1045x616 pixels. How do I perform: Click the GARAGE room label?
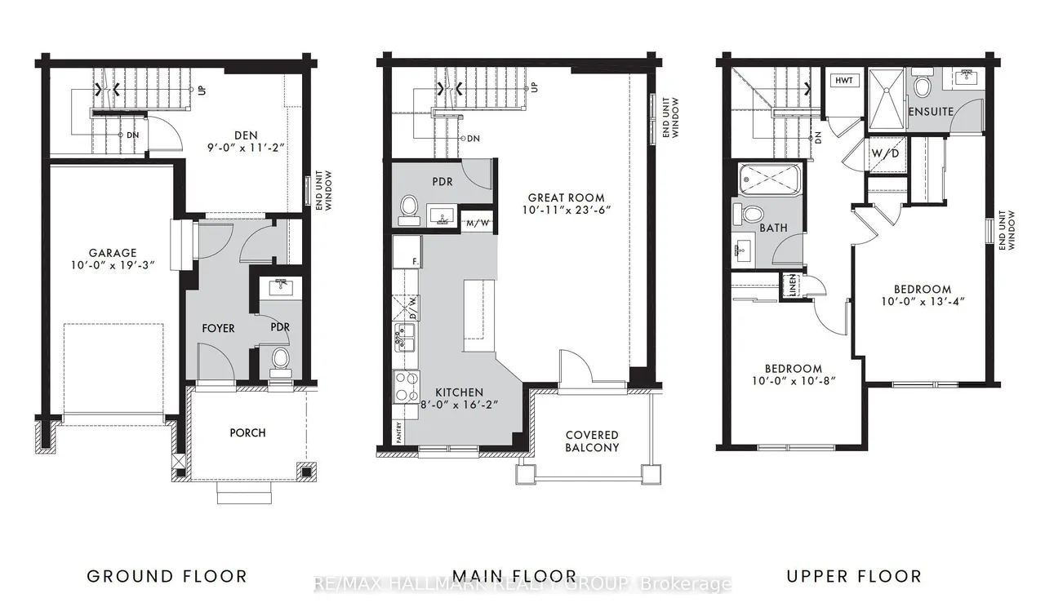[113, 253]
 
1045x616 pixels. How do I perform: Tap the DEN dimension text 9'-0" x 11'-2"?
[246, 148]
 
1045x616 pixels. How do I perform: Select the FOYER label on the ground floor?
[218, 328]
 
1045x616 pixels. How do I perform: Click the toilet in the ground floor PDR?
[280, 362]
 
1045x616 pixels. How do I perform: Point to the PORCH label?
[247, 432]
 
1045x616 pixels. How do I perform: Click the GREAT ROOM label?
[567, 197]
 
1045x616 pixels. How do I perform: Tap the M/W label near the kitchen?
[478, 224]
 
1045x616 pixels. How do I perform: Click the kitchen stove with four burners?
[406, 387]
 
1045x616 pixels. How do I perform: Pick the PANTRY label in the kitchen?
[398, 432]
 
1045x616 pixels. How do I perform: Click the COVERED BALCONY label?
[592, 441]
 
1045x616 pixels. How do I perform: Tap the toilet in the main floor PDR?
[409, 211]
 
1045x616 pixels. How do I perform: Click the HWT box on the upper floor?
[844, 81]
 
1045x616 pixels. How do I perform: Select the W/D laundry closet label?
[886, 153]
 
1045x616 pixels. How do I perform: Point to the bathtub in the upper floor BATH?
[770, 179]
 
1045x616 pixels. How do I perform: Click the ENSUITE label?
[932, 112]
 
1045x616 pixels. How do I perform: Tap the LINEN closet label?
[792, 286]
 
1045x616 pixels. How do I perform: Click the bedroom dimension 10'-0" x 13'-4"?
[923, 302]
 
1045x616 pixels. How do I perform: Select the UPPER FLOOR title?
[854, 576]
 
